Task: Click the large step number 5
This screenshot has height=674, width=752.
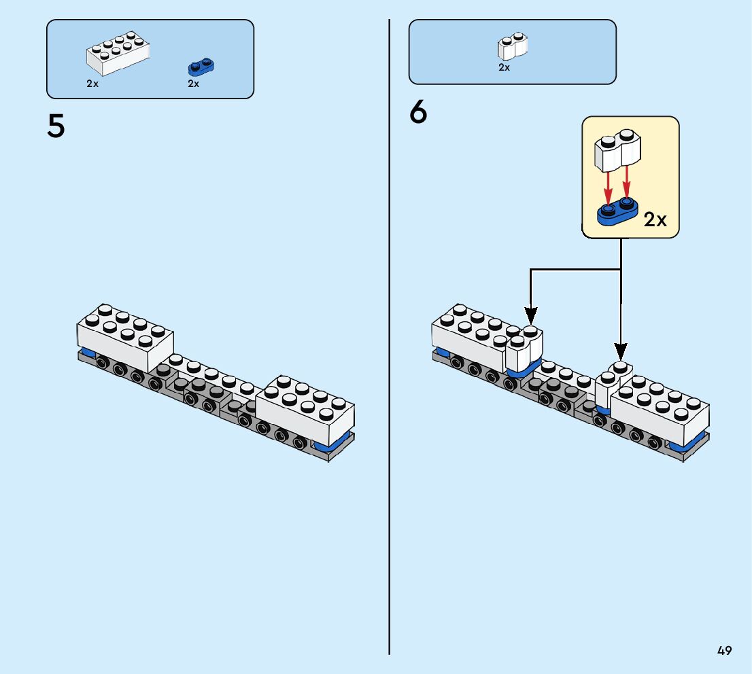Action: coord(56,126)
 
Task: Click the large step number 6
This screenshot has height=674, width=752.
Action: coord(418,112)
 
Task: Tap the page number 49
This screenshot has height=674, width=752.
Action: coord(724,651)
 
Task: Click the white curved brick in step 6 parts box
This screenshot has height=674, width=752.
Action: coord(513,46)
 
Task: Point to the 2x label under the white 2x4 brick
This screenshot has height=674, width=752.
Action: coord(92,84)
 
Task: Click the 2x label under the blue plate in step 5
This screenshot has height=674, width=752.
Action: coord(194,84)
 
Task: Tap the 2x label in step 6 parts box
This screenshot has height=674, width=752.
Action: coord(504,67)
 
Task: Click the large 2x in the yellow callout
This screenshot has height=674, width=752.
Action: coord(655,219)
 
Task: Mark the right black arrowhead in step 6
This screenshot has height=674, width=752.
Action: coord(621,351)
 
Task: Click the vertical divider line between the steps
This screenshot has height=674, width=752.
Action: coord(390,340)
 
